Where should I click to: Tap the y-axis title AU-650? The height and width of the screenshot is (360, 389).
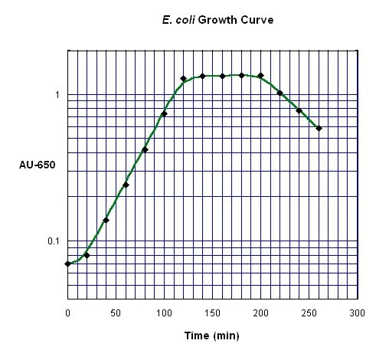pyautogui.click(x=37, y=165)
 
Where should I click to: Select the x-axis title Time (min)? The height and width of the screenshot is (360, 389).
pyautogui.click(x=212, y=335)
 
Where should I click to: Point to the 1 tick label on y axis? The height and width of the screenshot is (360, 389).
pyautogui.click(x=56, y=95)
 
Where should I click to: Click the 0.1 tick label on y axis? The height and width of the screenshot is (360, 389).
pyautogui.click(x=53, y=241)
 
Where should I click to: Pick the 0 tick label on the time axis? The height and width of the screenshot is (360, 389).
pyautogui.click(x=67, y=313)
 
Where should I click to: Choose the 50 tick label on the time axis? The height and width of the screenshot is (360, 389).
pyautogui.click(x=116, y=313)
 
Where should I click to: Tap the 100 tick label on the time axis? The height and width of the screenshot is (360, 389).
pyautogui.click(x=164, y=313)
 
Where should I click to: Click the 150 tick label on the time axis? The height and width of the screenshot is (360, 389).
pyautogui.click(x=212, y=313)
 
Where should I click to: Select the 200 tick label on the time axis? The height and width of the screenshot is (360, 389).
pyautogui.click(x=260, y=313)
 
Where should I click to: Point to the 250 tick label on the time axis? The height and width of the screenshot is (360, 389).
pyautogui.click(x=309, y=313)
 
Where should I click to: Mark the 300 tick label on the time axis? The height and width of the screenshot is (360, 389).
pyautogui.click(x=357, y=313)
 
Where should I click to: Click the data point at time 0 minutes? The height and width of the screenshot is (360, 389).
pyautogui.click(x=68, y=263)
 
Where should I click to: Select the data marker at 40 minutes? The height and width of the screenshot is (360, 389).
pyautogui.click(x=106, y=221)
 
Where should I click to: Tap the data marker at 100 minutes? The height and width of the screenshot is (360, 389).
pyautogui.click(x=164, y=114)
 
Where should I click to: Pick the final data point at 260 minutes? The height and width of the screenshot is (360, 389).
pyautogui.click(x=319, y=128)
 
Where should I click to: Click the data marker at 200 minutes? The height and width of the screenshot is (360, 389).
pyautogui.click(x=260, y=76)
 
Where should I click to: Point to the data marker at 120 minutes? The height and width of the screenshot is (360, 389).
pyautogui.click(x=183, y=79)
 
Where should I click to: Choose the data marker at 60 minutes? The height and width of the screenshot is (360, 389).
pyautogui.click(x=126, y=185)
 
